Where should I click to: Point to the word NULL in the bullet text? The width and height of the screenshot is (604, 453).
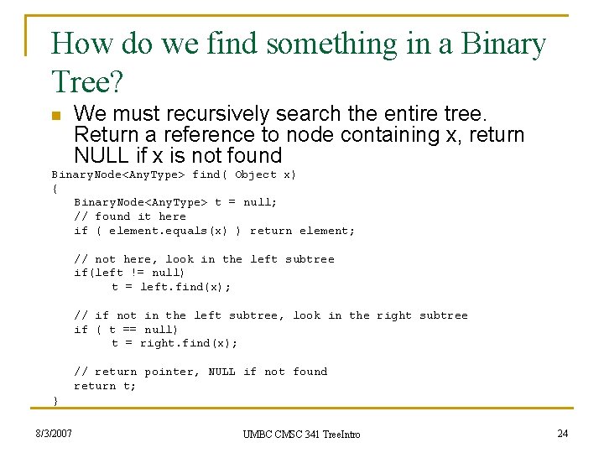click(x=99, y=155)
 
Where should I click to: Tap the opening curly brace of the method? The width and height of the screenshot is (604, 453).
click(x=55, y=189)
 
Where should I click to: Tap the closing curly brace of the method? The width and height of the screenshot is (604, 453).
click(x=55, y=400)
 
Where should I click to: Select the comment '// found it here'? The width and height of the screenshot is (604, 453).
click(x=130, y=216)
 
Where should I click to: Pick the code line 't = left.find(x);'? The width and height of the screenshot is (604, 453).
click(x=171, y=287)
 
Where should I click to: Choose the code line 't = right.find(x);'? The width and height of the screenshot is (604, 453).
click(x=174, y=343)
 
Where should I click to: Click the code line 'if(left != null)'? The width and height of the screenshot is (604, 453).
click(x=129, y=273)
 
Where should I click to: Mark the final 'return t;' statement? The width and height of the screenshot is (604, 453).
click(x=105, y=386)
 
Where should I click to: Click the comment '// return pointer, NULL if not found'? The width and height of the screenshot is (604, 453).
click(x=200, y=372)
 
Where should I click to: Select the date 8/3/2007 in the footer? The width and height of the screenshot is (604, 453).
click(x=54, y=434)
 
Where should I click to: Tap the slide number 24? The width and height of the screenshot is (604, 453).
click(x=563, y=434)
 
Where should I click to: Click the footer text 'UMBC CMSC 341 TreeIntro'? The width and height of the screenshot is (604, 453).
click(x=301, y=435)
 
